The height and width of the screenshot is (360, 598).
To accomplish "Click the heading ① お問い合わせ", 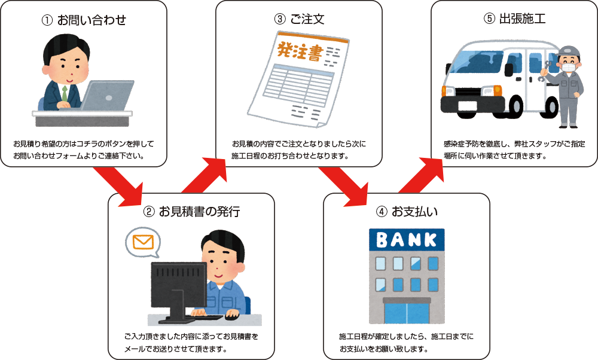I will tap(84, 20).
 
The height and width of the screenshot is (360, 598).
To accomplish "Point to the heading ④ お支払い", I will tap(407, 212).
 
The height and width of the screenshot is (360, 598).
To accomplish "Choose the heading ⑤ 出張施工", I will tap(514, 19).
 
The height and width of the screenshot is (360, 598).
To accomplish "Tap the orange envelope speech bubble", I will tap(144, 243).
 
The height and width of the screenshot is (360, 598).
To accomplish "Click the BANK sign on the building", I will tap(407, 240).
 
